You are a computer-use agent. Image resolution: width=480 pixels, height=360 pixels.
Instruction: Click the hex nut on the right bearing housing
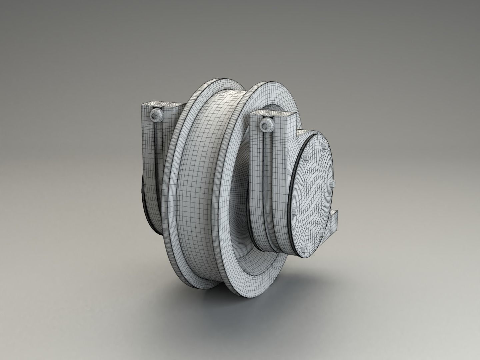265,125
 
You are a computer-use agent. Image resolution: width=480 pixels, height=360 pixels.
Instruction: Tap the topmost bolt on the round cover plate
324,144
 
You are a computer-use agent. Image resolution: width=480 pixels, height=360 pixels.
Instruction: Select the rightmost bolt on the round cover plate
332,182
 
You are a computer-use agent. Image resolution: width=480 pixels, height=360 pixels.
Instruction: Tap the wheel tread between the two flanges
203,167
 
